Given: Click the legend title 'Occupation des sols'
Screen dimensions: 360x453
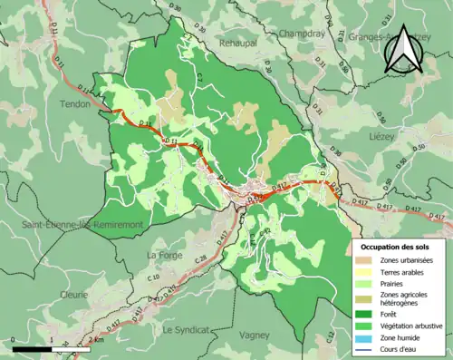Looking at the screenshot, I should [x=399, y=246].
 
